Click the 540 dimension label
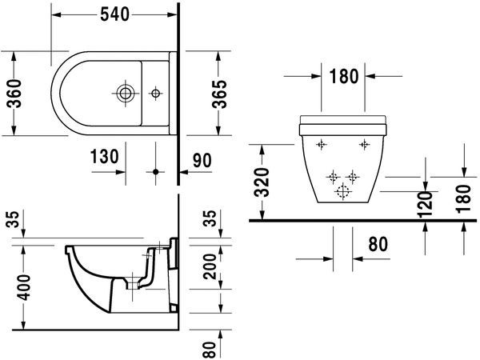[114, 14]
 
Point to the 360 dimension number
[14, 94]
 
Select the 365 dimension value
[219, 94]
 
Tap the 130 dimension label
[104, 157]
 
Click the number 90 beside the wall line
[202, 160]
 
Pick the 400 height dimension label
[23, 287]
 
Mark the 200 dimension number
[210, 266]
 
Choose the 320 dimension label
[262, 182]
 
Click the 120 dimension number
[426, 205]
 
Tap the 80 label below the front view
[378, 244]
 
